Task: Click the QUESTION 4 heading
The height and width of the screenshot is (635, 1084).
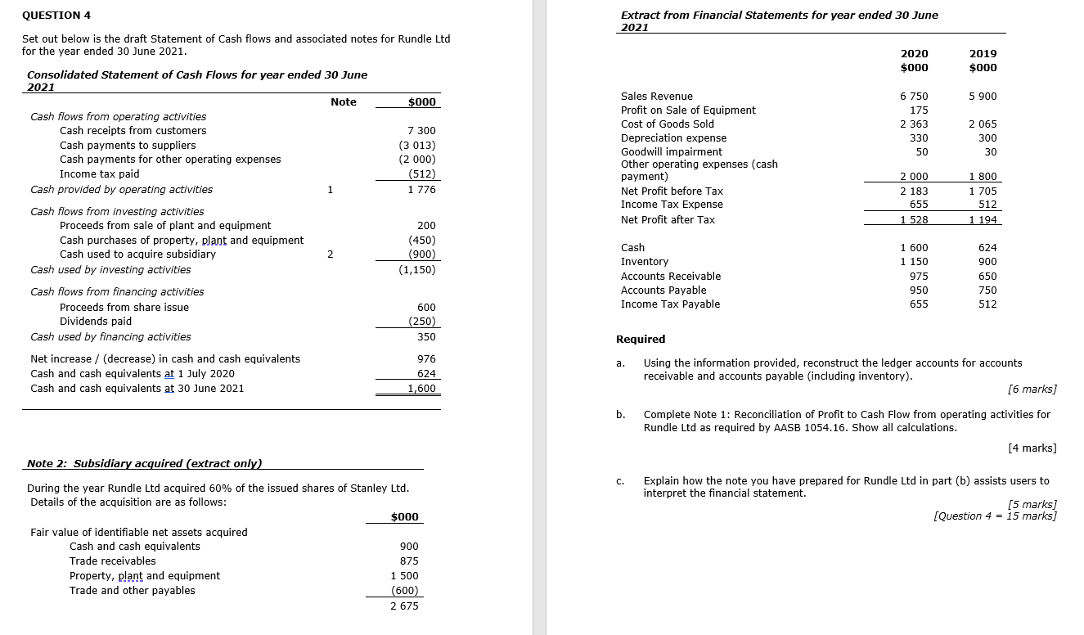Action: [56, 16]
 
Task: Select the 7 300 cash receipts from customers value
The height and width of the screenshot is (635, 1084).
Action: [421, 131]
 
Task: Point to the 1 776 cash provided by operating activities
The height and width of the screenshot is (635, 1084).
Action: [421, 190]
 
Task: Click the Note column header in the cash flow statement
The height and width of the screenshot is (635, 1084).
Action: [344, 102]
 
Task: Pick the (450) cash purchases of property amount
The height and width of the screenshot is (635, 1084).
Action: [421, 241]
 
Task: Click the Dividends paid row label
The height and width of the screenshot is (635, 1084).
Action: [96, 322]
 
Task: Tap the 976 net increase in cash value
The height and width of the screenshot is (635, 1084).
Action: [426, 359]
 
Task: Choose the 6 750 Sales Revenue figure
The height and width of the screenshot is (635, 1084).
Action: [914, 97]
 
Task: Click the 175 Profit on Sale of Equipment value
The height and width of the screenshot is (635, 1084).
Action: [919, 110]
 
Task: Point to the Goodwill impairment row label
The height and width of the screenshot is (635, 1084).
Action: [671, 152]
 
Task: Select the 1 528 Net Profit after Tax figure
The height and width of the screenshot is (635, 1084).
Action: [914, 220]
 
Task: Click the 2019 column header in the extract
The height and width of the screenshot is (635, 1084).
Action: [983, 54]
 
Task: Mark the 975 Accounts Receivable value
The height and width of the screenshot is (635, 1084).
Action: [918, 277]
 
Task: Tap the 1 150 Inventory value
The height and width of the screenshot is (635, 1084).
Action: [914, 262]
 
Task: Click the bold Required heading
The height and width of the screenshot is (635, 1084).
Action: [641, 340]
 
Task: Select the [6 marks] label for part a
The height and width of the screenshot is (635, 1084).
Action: [1033, 390]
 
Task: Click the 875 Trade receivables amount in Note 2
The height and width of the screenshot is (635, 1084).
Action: [409, 561]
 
